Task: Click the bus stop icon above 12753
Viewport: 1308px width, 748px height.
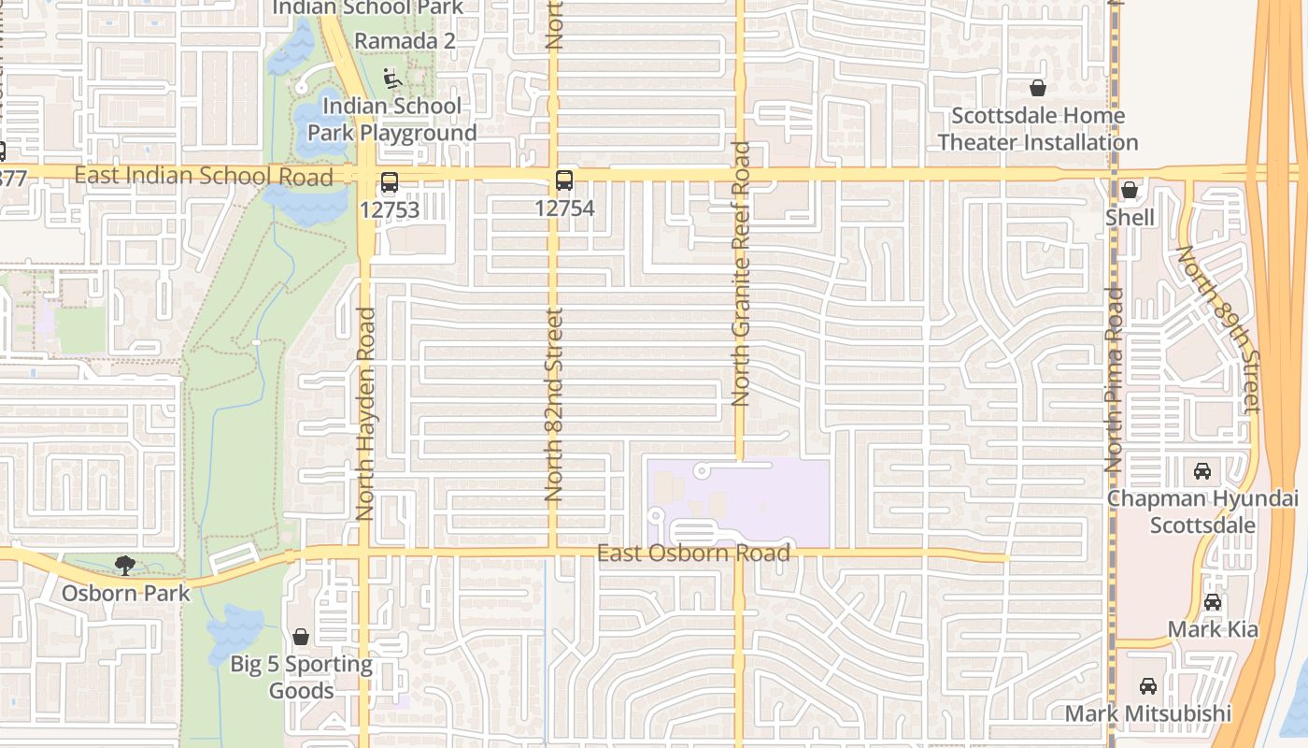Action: point(390,182)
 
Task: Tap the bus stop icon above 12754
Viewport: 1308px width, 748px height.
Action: point(564,180)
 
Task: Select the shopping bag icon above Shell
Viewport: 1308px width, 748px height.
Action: point(1130,191)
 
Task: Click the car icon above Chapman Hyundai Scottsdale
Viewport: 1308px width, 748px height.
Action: point(1202,470)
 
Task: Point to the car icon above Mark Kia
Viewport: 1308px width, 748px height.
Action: point(1213,602)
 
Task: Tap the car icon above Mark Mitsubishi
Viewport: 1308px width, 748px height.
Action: point(1148,686)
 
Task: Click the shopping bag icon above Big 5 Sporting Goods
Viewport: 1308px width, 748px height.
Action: point(301,637)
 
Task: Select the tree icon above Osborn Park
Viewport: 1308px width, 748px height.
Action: point(124,565)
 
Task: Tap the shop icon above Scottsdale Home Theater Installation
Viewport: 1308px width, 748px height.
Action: point(1037,89)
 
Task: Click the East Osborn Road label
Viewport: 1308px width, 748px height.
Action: point(693,554)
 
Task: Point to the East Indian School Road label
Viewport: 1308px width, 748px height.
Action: point(203,176)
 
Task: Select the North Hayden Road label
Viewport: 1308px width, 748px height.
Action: point(365,413)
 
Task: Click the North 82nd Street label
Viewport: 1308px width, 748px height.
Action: point(554,404)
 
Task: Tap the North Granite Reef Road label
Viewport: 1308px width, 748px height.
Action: point(742,273)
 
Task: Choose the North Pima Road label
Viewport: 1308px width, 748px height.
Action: point(1113,379)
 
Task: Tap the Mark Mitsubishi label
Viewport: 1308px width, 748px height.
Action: point(1148,714)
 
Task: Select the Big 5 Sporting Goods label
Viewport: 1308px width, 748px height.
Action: point(301,678)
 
